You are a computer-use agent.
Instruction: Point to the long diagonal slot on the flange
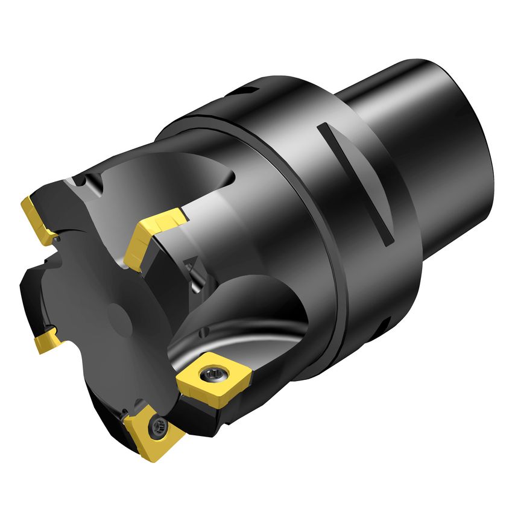click(356, 184)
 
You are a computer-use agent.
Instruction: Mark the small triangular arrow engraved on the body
click(191, 262)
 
